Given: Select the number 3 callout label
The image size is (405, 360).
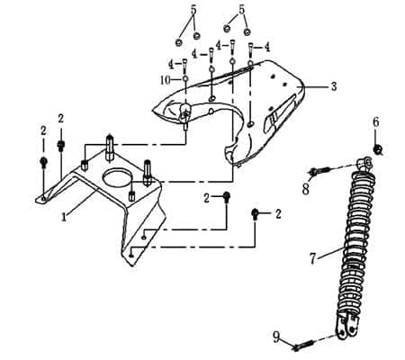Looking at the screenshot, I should point(334,86).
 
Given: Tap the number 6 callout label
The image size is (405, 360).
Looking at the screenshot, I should point(376,121).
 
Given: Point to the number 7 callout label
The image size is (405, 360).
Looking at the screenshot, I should point(313,259).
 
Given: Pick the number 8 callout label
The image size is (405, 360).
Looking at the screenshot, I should point(306,189).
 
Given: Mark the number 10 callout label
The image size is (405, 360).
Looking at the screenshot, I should point(166,80).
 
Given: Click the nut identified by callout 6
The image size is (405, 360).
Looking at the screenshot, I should point(379,148).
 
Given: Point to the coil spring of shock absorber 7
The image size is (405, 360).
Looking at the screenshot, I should point(348,243).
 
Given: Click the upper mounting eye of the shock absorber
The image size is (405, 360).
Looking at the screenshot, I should point(364,163).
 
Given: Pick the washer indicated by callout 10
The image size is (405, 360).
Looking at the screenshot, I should point(185,80).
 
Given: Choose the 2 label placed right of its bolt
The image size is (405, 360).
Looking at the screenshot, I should point(279,213).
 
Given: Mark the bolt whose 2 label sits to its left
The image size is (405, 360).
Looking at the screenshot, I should point(228,198).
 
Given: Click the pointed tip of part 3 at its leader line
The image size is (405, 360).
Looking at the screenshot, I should point(305,87).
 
